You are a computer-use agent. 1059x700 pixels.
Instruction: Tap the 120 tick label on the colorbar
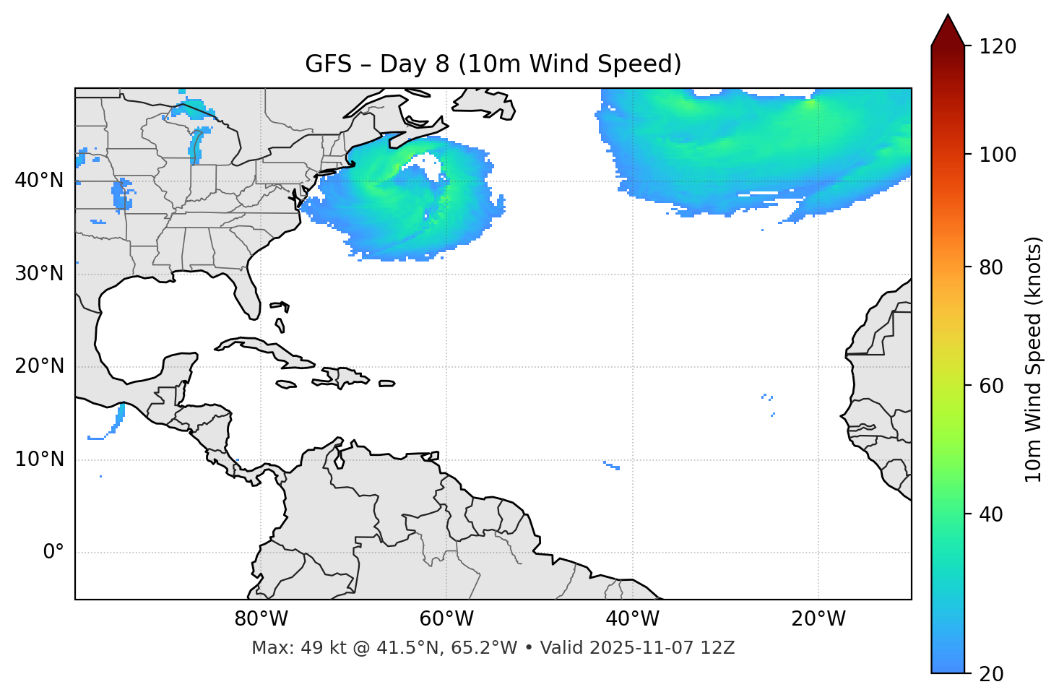pos(998,47)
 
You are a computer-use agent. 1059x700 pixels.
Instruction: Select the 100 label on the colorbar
pos(998,155)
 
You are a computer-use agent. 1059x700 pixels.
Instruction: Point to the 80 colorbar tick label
pos(991,267)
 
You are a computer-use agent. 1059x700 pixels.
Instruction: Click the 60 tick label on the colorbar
pos(991,386)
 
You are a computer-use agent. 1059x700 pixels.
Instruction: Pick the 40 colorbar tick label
pos(991,514)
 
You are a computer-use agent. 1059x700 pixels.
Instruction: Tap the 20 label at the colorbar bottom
pos(991,674)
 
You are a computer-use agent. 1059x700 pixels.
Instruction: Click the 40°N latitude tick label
pos(39,181)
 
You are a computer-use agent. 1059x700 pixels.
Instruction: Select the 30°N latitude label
pos(39,274)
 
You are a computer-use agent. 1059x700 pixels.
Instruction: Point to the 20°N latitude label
pos(39,366)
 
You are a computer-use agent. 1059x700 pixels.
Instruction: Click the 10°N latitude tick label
pos(39,459)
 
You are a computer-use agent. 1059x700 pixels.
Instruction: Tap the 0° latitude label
pos(53,553)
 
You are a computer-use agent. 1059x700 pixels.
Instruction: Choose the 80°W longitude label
pos(261,619)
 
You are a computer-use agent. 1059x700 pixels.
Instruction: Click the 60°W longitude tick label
pos(446,619)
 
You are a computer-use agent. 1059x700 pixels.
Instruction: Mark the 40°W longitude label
pos(632,619)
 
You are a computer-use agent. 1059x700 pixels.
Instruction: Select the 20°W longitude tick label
pos(818,619)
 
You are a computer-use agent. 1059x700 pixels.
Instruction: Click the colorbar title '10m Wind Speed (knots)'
pos(1034,360)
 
